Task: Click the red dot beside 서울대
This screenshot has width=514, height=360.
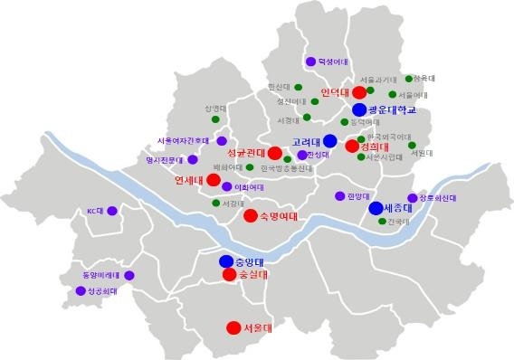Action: click(x=231, y=327)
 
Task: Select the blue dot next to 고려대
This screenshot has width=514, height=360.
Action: click(x=330, y=141)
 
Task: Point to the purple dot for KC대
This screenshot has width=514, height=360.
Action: click(x=112, y=212)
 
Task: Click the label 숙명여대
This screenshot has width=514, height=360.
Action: click(x=280, y=216)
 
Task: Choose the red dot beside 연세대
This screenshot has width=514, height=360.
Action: click(x=214, y=180)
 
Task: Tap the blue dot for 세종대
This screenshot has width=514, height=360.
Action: click(x=376, y=208)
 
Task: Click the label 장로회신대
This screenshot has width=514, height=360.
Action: click(x=437, y=198)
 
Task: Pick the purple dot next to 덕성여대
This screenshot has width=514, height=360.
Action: click(x=310, y=62)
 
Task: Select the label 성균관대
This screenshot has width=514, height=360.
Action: click(x=244, y=152)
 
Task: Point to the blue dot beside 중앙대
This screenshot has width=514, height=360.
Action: click(x=225, y=261)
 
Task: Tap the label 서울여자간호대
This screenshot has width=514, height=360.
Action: click(x=183, y=141)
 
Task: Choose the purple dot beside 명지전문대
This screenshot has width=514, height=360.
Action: click(x=192, y=160)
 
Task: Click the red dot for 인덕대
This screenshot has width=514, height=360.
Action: click(x=359, y=92)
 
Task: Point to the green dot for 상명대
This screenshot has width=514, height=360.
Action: click(x=215, y=119)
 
